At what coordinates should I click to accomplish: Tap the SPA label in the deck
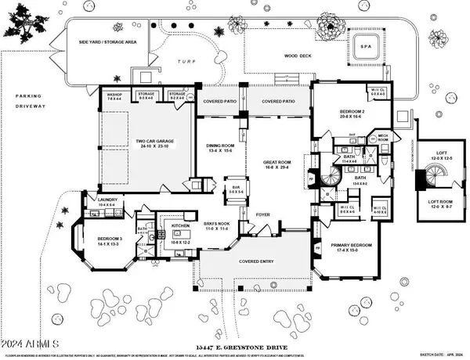point(363,45)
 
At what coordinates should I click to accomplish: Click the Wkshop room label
point(114,97)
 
